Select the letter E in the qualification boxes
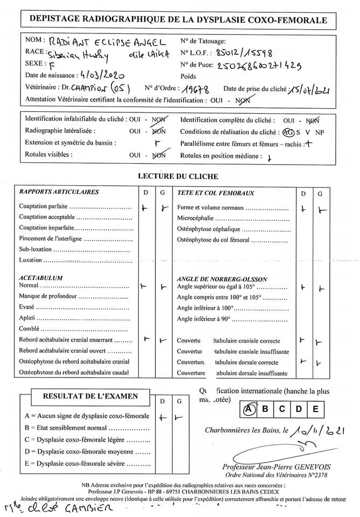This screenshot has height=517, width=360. (x=316, y=409)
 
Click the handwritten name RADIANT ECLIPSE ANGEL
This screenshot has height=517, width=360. (x=108, y=42)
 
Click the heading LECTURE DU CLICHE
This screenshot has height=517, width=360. (x=178, y=176)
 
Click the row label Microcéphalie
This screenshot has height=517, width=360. (x=195, y=218)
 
